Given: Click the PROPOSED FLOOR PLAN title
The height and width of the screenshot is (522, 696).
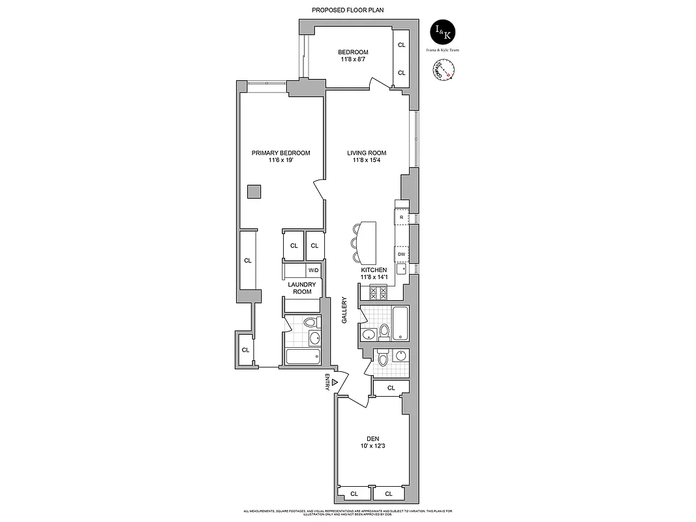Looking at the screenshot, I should pyautogui.click(x=348, y=10).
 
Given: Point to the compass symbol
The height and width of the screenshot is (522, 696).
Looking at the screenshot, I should pyautogui.click(x=443, y=70).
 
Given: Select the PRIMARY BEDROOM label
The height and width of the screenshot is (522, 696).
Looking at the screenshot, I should pyautogui.click(x=280, y=153).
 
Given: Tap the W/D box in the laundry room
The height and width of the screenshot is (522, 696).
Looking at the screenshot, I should pyautogui.click(x=313, y=270).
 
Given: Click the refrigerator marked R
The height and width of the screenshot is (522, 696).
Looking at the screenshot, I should pyautogui.click(x=401, y=217).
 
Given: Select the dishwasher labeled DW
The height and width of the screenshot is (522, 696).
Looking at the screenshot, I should pyautogui.click(x=401, y=254).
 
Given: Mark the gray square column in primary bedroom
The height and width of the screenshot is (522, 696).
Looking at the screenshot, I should pyautogui.click(x=254, y=191).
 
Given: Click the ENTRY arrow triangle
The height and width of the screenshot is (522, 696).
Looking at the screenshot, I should pyautogui.click(x=335, y=383).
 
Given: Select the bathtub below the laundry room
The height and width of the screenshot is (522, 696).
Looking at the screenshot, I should pyautogui.click(x=303, y=356).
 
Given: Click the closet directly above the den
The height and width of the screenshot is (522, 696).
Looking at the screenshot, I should pyautogui.click(x=390, y=388).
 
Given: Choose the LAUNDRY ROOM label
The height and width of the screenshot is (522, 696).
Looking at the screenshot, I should pyautogui.click(x=302, y=288).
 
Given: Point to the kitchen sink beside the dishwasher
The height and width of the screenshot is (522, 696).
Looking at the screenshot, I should pyautogui.click(x=403, y=268).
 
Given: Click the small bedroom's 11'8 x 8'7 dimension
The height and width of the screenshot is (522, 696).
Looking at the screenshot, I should pyautogui.click(x=353, y=59).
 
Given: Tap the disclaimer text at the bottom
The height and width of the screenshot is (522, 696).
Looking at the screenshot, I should pyautogui.click(x=348, y=512).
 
